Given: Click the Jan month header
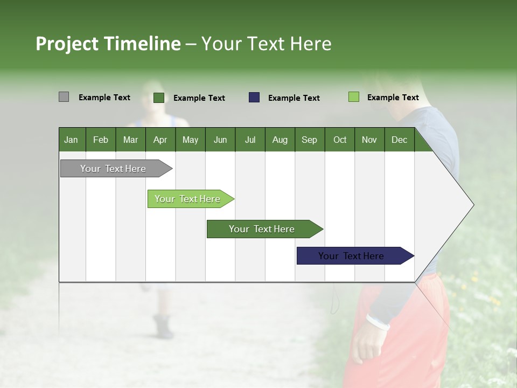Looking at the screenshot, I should click(x=71, y=140).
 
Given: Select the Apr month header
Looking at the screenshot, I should click(x=160, y=140).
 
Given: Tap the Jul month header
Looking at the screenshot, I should click(x=250, y=140).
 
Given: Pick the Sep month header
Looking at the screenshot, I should click(x=309, y=140).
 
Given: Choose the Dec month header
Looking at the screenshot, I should click(x=399, y=140).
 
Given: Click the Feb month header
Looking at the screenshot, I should click(x=101, y=140).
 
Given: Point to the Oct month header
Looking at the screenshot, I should click(x=340, y=140).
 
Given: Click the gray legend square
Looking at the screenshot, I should click(x=64, y=97).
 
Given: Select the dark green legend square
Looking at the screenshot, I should click(x=159, y=98).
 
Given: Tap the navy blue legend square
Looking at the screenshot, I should click(x=254, y=98).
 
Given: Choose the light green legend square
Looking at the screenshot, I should click(x=353, y=97).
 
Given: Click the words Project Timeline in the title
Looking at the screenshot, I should click(x=108, y=44).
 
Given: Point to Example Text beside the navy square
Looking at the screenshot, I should click(x=294, y=98).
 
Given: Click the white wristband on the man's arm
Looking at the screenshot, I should click(x=378, y=322).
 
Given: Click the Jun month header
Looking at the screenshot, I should click(x=220, y=140).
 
